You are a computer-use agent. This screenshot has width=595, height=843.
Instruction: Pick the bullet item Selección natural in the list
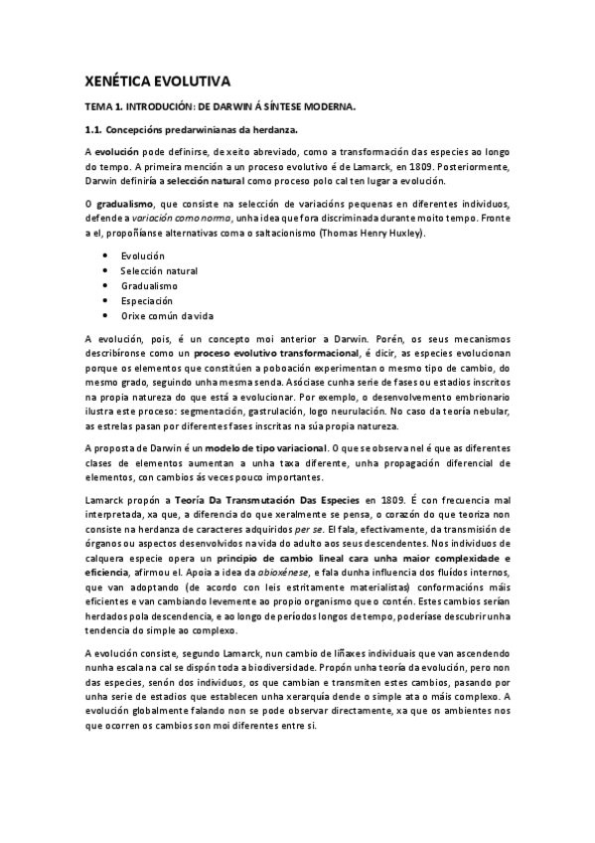tap(159, 270)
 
